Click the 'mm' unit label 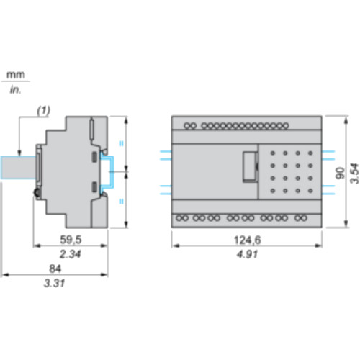coord(14,75)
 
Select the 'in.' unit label coord(14,91)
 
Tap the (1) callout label coord(45,112)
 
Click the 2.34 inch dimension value coord(71,254)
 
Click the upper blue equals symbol coord(120,143)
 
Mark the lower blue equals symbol coord(120,201)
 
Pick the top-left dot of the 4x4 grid coord(274,153)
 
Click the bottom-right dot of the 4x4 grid coord(309,189)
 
